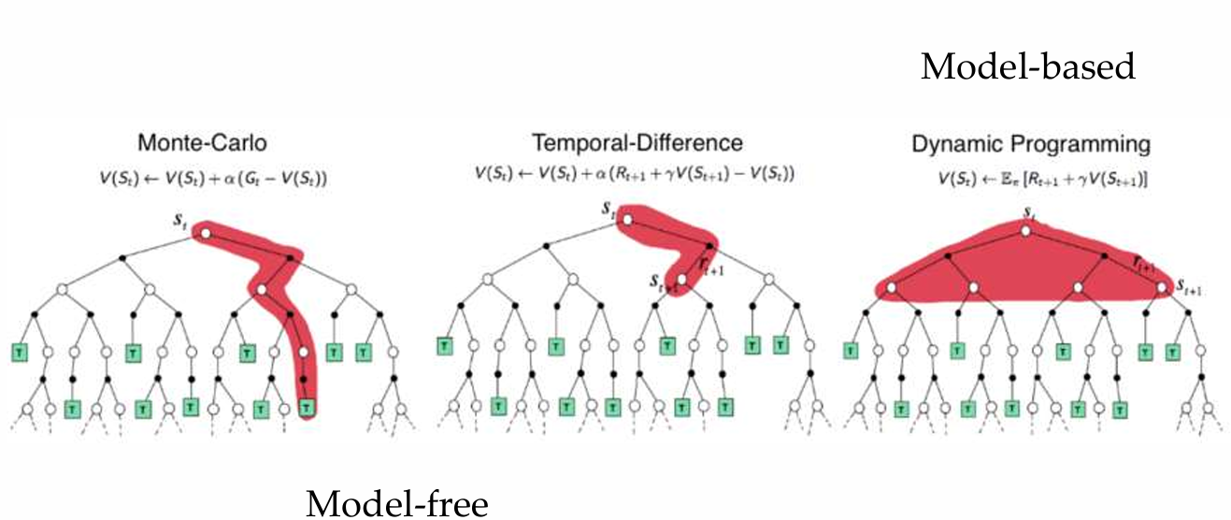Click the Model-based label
(1027, 67)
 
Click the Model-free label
(396, 504)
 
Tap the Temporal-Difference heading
(637, 143)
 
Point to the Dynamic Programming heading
(1031, 145)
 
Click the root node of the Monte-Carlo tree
(206, 233)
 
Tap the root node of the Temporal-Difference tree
(624, 220)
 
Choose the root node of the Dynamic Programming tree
(1025, 230)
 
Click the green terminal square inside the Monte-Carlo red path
(308, 408)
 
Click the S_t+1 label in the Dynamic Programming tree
(1188, 287)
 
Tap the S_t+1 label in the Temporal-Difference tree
(661, 280)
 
